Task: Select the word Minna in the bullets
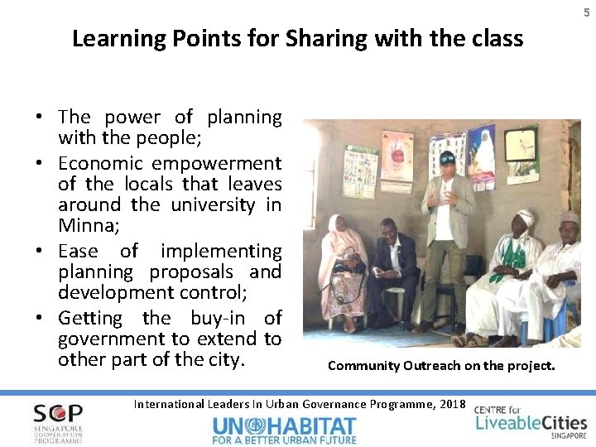pyautogui.click(x=84, y=225)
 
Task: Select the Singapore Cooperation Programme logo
pyautogui.click(x=58, y=423)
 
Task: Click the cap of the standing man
pyautogui.click(x=446, y=157)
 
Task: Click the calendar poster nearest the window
pyautogui.click(x=360, y=171)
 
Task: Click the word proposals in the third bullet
pyautogui.click(x=191, y=272)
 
